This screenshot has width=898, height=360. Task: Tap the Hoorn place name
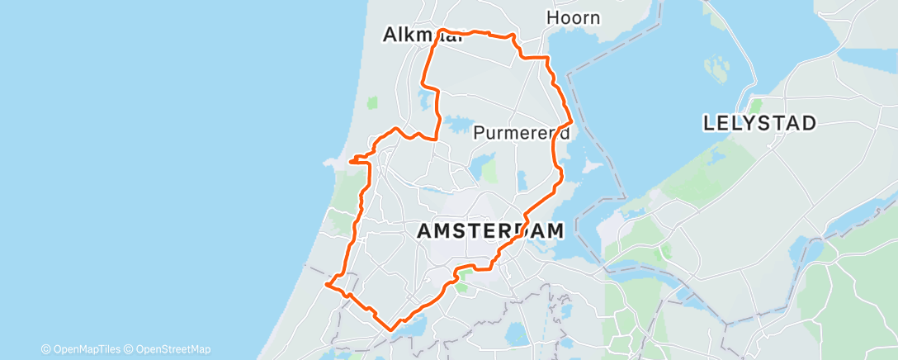click(573, 17)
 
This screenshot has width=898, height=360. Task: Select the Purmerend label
click(522, 133)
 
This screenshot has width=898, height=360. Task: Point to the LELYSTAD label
click(759, 124)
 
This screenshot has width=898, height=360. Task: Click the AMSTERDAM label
click(490, 231)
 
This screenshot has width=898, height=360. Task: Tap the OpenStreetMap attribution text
click(173, 349)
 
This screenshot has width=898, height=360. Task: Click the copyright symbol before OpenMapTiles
click(45, 349)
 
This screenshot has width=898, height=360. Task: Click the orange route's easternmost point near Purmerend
click(571, 125)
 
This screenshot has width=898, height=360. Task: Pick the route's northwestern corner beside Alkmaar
click(442, 31)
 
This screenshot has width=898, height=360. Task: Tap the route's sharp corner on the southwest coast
click(328, 285)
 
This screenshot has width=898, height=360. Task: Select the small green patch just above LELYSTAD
click(754, 106)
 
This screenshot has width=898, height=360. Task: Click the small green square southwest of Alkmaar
click(372, 102)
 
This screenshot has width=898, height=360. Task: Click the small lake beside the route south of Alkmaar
click(426, 102)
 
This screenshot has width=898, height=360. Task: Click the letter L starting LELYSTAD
click(709, 124)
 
